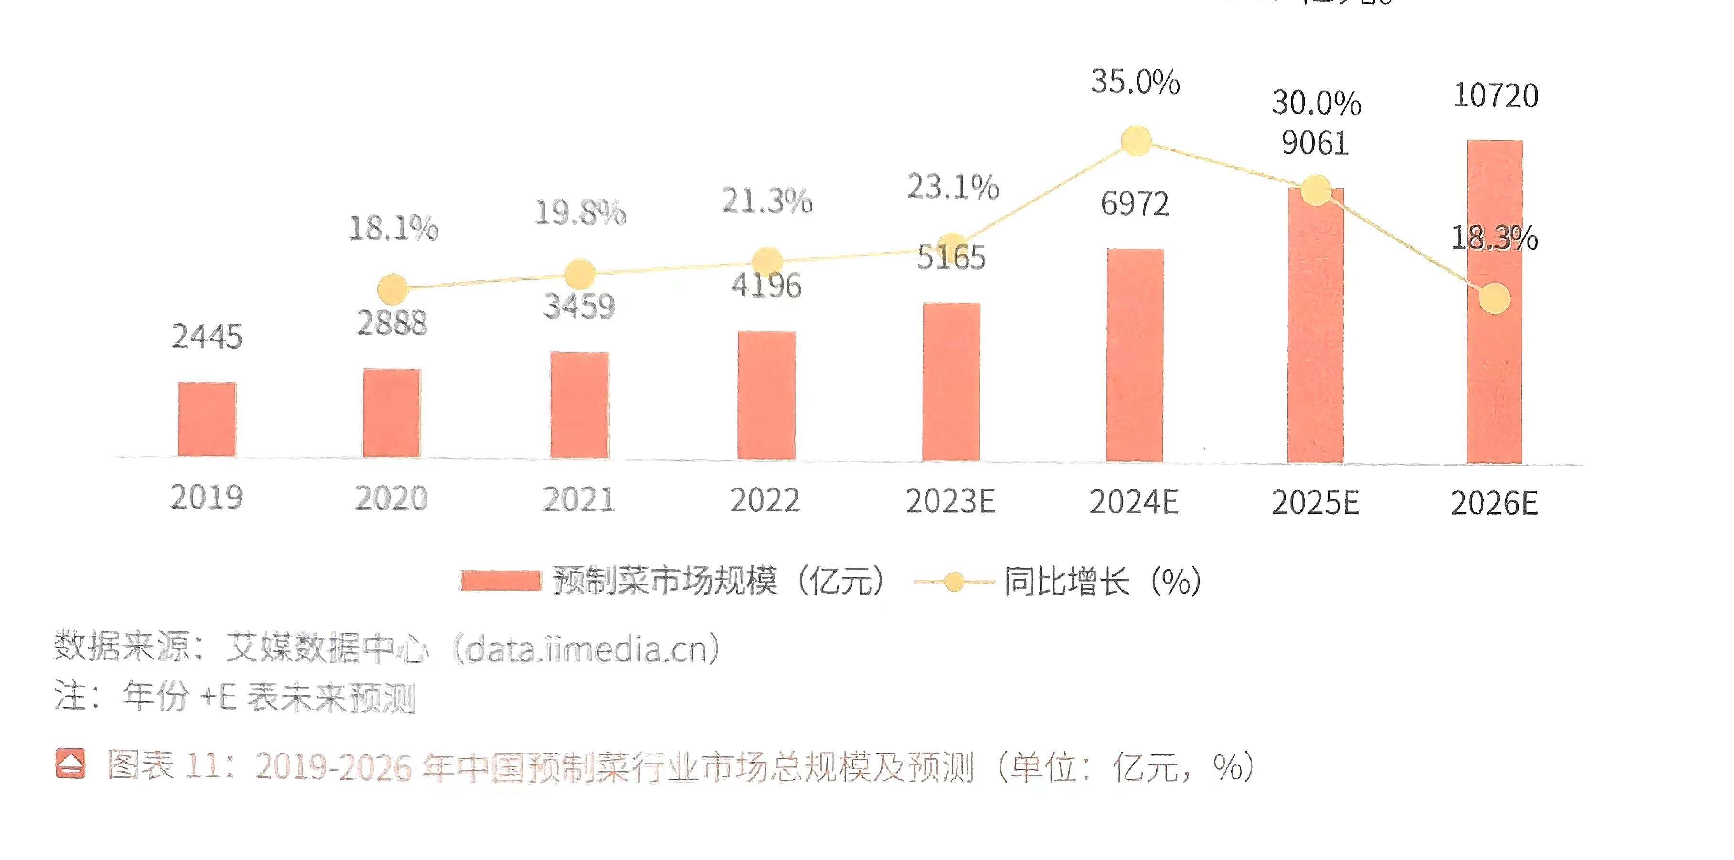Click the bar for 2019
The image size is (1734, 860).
[x=207, y=419]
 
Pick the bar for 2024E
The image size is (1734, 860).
[x=1135, y=355]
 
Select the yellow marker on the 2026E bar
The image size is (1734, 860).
[x=1494, y=298]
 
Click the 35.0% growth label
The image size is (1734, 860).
[x=1135, y=82]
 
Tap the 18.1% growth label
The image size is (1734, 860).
[x=393, y=228]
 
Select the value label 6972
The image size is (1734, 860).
[x=1135, y=204]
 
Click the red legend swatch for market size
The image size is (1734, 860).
[x=501, y=581]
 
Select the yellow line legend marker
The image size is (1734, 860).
[x=953, y=582]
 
